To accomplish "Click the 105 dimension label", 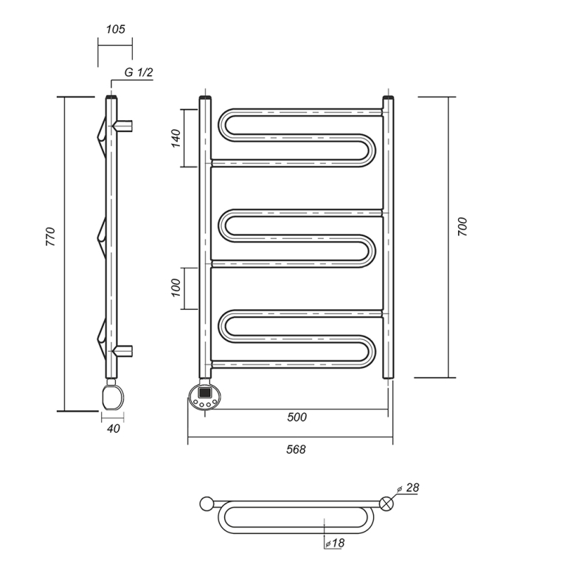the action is coord(115,29).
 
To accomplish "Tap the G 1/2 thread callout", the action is coord(139,72).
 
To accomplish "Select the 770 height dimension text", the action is coord(51,237).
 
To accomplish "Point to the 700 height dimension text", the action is coord(462,226).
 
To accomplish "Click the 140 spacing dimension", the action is coord(176,139).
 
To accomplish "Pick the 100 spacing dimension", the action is coord(176,288).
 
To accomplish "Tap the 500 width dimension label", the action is coord(296,417).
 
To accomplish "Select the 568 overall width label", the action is coord(296,449).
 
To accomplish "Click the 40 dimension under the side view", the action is coord(114,429).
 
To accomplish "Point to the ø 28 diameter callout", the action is coord(409,488).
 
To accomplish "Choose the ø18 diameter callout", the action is coord(335,543).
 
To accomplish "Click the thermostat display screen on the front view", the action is coord(204,392).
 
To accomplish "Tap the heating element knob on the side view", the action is coord(113,397).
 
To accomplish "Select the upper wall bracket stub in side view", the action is coord(123,126).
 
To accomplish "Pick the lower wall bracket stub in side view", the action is coord(123,351).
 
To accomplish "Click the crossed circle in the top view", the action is coord(386,504).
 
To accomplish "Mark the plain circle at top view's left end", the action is coord(207,504).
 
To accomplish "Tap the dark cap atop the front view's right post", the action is coord(389,97).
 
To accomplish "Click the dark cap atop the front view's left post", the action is coord(205,97).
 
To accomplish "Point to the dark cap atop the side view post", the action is coord(111,97).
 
